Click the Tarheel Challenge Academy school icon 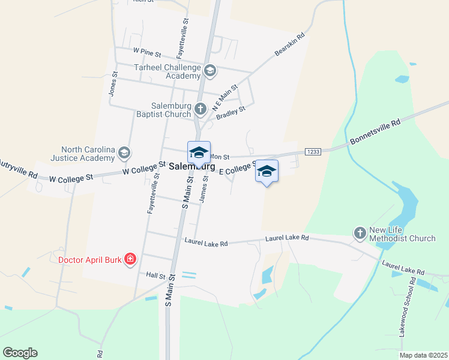[x=209, y=71]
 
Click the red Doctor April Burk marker [x=130, y=260]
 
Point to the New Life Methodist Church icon [x=360, y=233]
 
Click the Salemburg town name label [x=192, y=166]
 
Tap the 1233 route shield [x=312, y=151]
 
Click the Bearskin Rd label [x=290, y=45]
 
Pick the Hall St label [x=155, y=275]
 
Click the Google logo [x=20, y=353]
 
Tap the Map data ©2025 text [x=423, y=355]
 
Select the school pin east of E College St [x=267, y=172]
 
